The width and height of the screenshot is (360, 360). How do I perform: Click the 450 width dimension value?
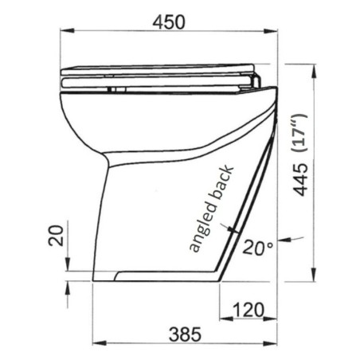(x=169, y=22)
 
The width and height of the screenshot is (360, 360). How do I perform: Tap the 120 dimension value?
(x=248, y=307)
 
